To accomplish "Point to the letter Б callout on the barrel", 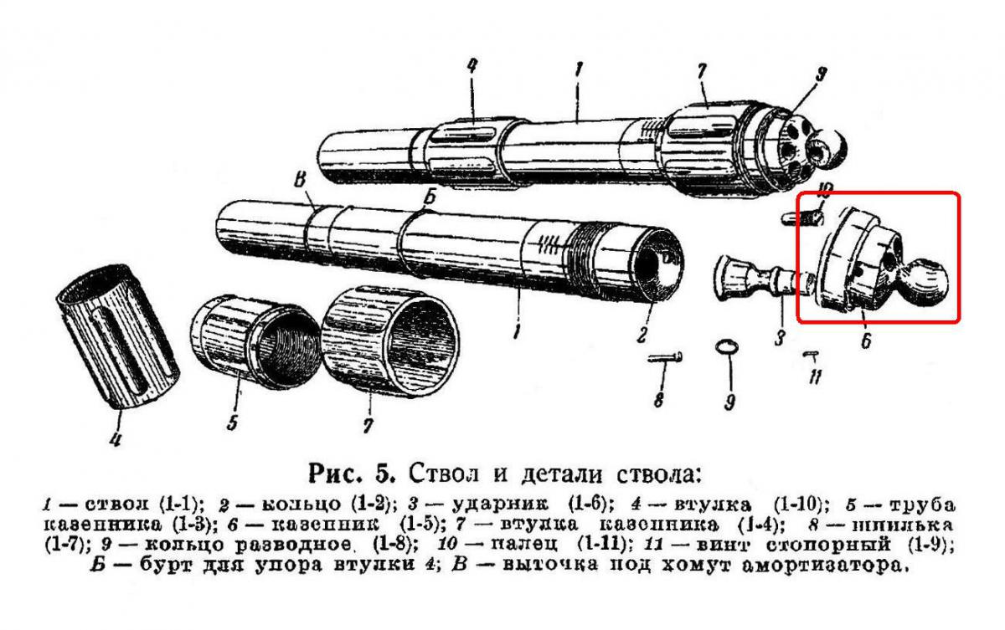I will (428, 197).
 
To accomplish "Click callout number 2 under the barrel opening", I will (641, 335).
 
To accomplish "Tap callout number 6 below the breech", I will (865, 340).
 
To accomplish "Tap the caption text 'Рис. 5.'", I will (355, 473).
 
